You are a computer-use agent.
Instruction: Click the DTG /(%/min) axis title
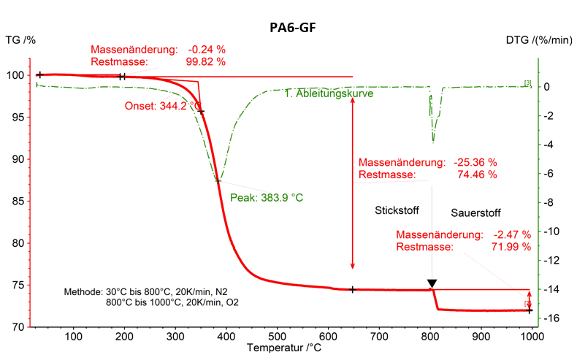tap(538, 39)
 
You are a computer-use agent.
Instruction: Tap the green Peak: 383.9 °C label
tap(266, 197)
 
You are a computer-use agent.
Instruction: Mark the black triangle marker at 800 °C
tap(432, 283)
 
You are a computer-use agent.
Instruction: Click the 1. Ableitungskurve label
tap(329, 94)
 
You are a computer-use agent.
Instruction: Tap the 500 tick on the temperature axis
tap(277, 336)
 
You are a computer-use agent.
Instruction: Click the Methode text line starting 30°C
tap(152, 291)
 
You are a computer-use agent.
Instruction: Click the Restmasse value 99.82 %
tap(206, 62)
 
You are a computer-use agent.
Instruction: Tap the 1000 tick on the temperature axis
tap(531, 336)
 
